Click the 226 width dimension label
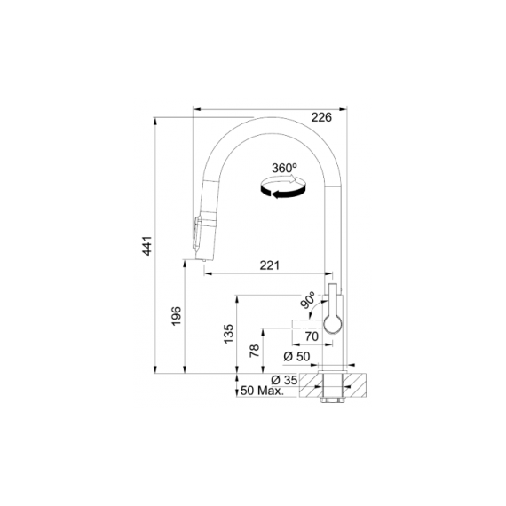(x=321, y=117)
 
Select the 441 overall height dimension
(x=147, y=246)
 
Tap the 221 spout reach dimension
(x=270, y=265)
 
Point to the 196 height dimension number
(x=176, y=316)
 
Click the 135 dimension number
(x=228, y=334)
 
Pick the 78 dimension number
(x=255, y=351)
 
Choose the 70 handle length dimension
(x=312, y=336)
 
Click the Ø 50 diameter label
(x=296, y=357)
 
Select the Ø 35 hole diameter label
(x=284, y=380)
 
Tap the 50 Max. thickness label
(x=262, y=391)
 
